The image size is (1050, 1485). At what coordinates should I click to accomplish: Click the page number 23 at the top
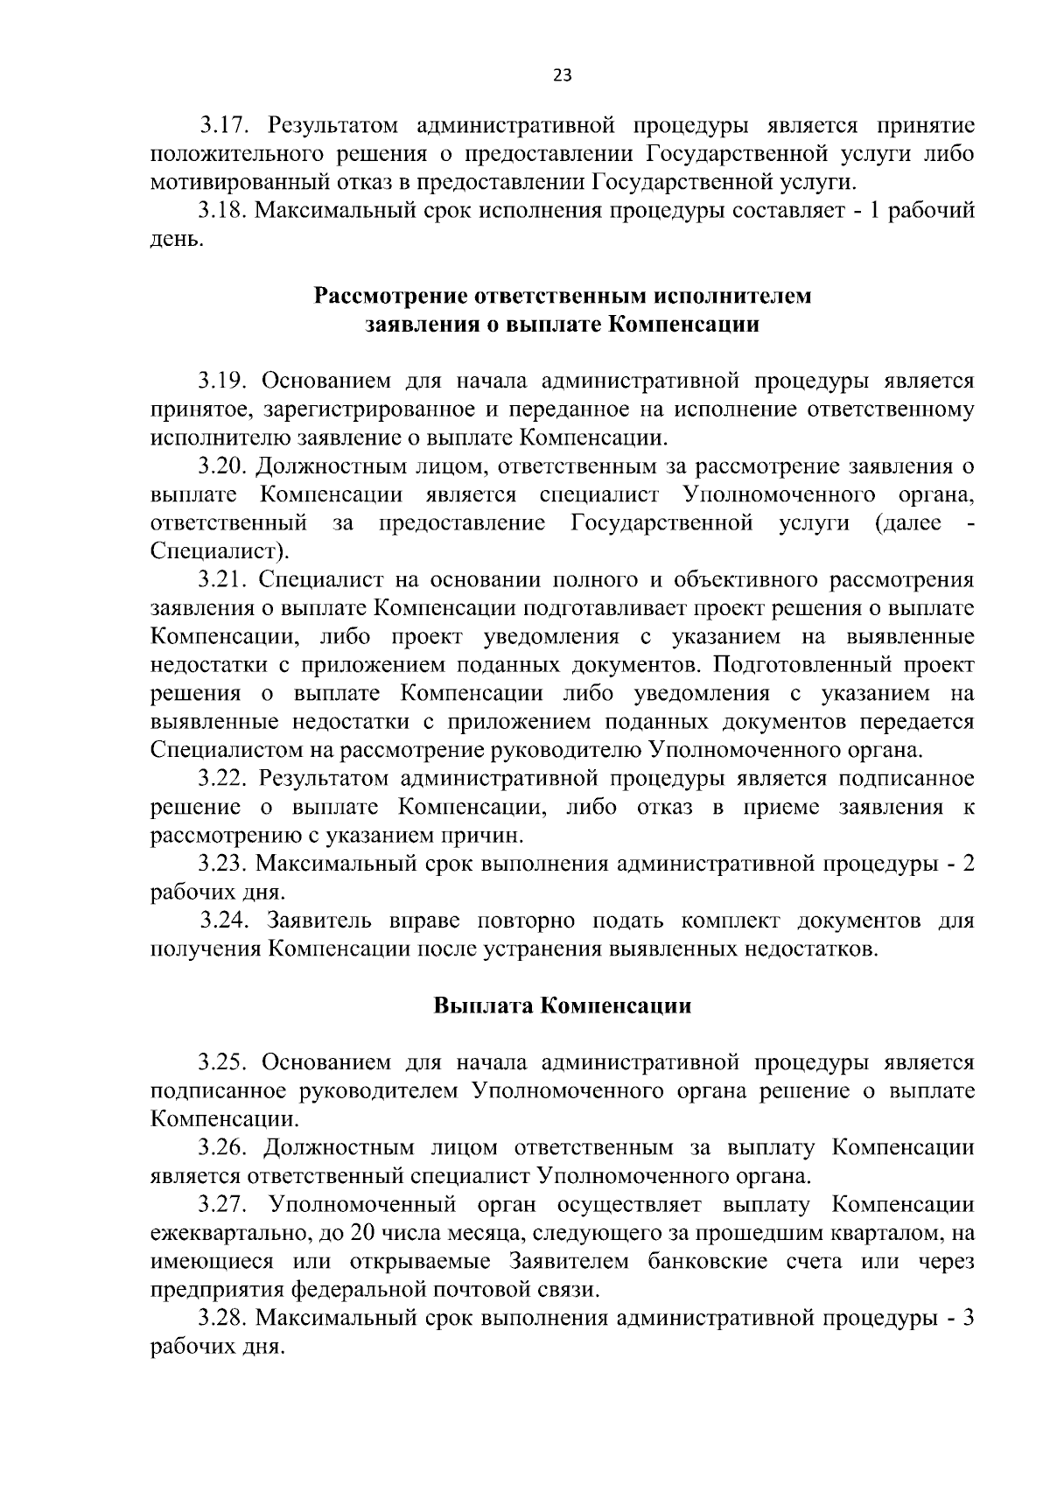coord(562,75)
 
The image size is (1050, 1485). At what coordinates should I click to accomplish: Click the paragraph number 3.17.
coord(223,126)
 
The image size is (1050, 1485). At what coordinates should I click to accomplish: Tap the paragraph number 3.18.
coord(223,211)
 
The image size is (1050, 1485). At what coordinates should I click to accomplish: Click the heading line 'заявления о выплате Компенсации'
coord(562,325)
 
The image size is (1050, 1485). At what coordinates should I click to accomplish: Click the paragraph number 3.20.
coord(223,466)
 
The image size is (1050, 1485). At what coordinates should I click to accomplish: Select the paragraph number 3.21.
coord(223,579)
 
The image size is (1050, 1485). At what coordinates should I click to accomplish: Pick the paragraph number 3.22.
coord(223,778)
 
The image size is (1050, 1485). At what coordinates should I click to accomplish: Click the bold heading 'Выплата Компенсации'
coord(562,1005)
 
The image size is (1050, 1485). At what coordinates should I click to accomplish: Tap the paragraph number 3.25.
coord(223,1062)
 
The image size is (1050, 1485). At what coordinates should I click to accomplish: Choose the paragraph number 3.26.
coord(223,1147)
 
